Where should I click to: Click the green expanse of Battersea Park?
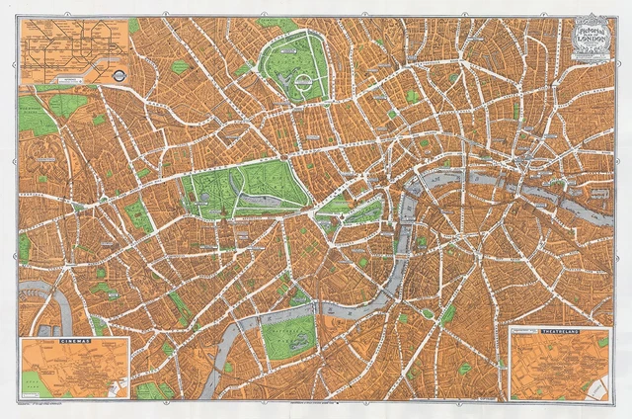[288, 337]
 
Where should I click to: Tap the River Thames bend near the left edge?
[39, 288]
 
